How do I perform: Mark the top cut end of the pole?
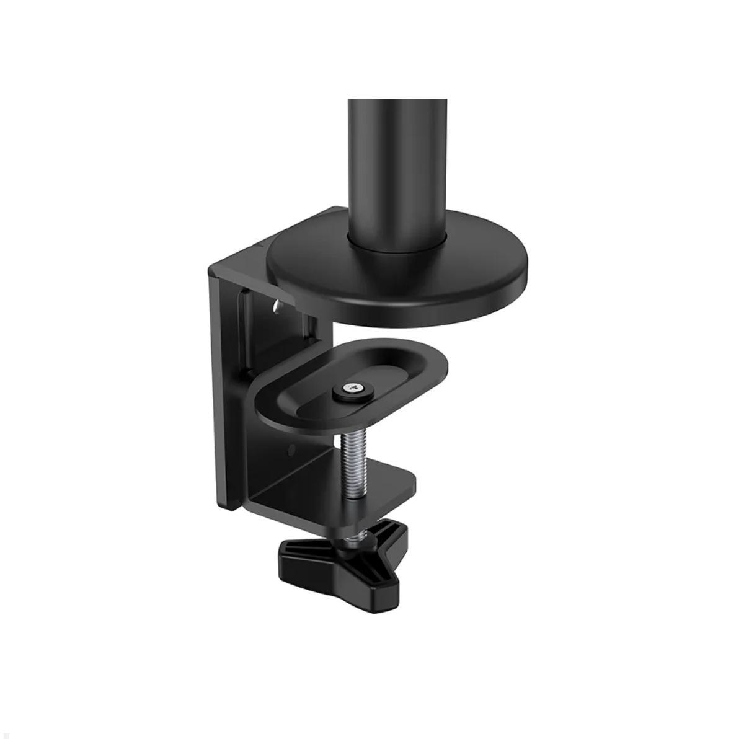click(x=397, y=101)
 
